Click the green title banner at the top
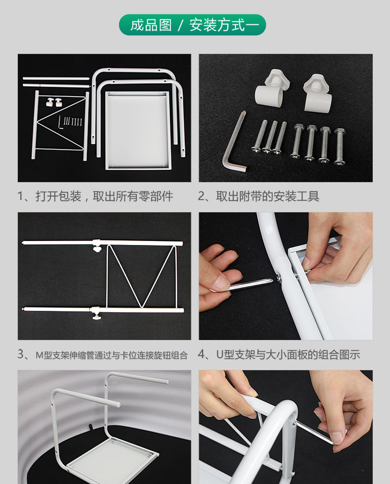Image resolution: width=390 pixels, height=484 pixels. pyautogui.click(x=192, y=25)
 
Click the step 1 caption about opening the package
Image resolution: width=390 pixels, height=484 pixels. pyautogui.click(x=95, y=196)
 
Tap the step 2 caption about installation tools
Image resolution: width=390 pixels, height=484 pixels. pyautogui.click(x=259, y=196)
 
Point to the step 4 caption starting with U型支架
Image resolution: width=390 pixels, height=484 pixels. pyautogui.click(x=279, y=355)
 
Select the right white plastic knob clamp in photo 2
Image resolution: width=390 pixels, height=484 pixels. pyautogui.click(x=317, y=93)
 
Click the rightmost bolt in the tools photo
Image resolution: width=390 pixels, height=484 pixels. pyautogui.click(x=339, y=146)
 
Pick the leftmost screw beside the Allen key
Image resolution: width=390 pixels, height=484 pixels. pyautogui.click(x=259, y=136)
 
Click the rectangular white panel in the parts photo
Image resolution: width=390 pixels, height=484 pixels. pyautogui.click(x=137, y=130)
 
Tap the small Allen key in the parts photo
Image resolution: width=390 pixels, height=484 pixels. pyautogui.click(x=60, y=124)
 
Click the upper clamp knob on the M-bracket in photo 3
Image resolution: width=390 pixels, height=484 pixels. pyautogui.click(x=97, y=246)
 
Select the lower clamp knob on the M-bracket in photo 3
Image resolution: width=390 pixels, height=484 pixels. pyautogui.click(x=96, y=314)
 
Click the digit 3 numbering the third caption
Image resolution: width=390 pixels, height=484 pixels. pyautogui.click(x=21, y=354)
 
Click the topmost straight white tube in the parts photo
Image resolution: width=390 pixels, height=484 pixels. pyautogui.click(x=56, y=78)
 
